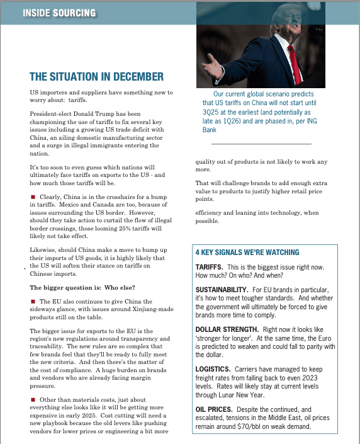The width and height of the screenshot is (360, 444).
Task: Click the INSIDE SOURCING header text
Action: (59, 13)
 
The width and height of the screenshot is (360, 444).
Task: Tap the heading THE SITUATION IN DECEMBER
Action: (96, 77)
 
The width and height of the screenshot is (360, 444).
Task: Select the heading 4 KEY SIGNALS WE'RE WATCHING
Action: (247, 253)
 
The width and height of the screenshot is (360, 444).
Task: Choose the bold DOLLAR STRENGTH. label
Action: (227, 329)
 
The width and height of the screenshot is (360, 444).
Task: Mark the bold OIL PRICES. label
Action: (216, 409)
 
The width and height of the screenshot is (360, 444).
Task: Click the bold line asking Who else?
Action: (82, 287)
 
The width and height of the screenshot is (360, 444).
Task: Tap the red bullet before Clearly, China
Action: (33, 197)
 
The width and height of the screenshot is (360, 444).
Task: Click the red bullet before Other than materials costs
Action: (33, 400)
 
